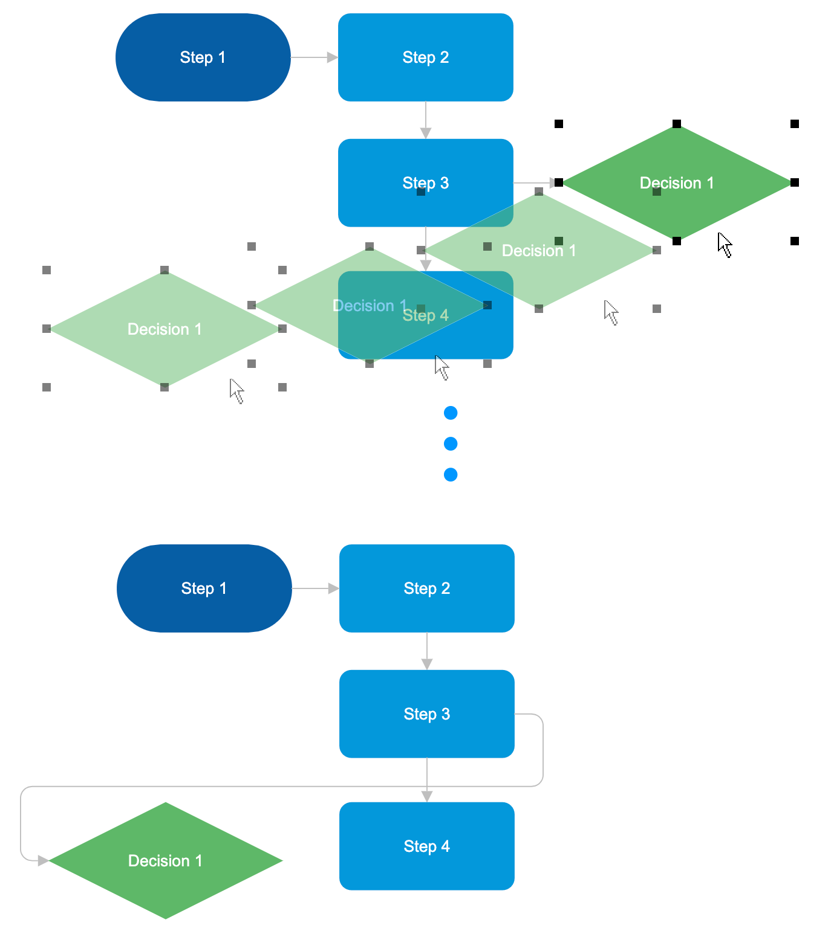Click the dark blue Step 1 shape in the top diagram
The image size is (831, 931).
pyautogui.click(x=203, y=57)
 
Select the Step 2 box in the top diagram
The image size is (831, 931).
pyautogui.click(x=425, y=57)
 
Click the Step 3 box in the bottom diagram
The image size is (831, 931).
pyautogui.click(x=426, y=714)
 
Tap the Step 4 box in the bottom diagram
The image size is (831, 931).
pyautogui.click(x=426, y=846)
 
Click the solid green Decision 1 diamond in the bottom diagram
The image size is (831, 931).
pyautogui.click(x=165, y=860)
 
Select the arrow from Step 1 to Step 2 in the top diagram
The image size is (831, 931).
pyautogui.click(x=313, y=57)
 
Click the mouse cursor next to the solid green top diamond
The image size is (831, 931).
pyautogui.click(x=725, y=245)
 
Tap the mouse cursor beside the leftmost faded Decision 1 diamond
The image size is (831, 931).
pyautogui.click(x=236, y=391)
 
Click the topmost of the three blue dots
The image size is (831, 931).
pyautogui.click(x=451, y=413)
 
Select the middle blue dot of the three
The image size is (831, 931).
pyautogui.click(x=451, y=444)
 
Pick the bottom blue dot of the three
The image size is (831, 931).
pyautogui.click(x=451, y=475)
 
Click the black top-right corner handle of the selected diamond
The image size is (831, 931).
pyautogui.click(x=795, y=124)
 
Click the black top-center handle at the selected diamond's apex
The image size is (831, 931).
pyautogui.click(x=677, y=124)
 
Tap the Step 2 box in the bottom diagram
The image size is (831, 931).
pyautogui.click(x=426, y=588)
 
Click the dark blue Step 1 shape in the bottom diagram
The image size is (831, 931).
pyautogui.click(x=204, y=588)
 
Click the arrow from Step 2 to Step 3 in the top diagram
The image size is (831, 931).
pyautogui.click(x=426, y=120)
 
